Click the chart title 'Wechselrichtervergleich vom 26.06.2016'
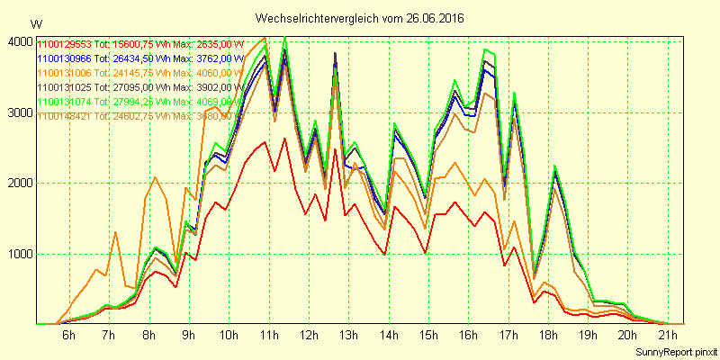click(361, 18)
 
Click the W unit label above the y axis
click(35, 23)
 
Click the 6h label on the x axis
click(68, 336)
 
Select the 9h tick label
click(189, 336)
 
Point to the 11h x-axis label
click(269, 336)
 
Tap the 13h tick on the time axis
click(349, 336)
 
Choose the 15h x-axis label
click(429, 336)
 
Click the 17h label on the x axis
click(509, 336)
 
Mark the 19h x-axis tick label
click(589, 336)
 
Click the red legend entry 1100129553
click(65, 43)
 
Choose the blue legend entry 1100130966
click(65, 58)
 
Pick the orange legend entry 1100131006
click(65, 72)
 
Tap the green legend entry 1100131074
click(65, 101)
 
